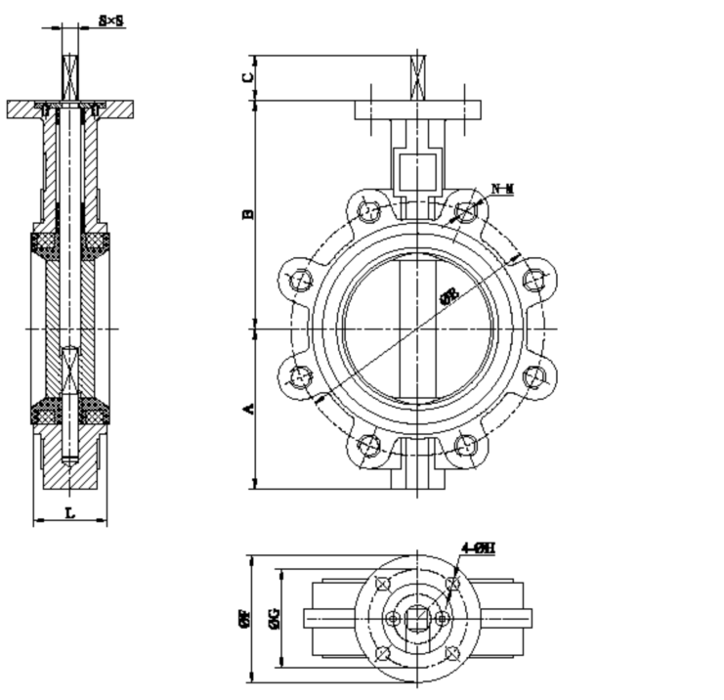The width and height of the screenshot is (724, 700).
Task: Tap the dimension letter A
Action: pos(248,408)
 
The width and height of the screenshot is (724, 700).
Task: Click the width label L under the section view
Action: pos(68,511)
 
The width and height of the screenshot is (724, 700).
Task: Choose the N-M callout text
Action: pos(502,187)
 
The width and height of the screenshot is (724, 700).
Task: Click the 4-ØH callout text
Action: pos(479,548)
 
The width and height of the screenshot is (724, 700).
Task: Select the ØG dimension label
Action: pos(277,618)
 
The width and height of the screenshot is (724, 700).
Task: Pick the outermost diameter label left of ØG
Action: pos(243,618)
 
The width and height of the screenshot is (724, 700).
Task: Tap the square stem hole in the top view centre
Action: pos(418,618)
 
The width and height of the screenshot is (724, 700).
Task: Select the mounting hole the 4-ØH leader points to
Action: pos(451,585)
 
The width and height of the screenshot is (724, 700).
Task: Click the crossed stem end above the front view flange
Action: pos(419,75)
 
